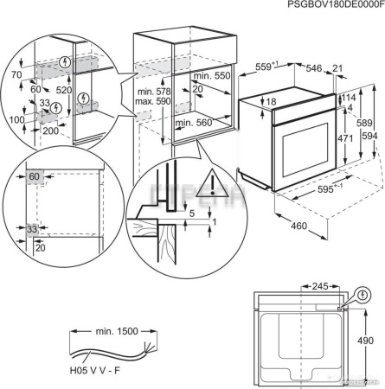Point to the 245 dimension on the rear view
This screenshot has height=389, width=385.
(x=319, y=285)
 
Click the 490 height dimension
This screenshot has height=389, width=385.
(x=366, y=341)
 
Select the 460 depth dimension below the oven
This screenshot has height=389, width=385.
(x=299, y=226)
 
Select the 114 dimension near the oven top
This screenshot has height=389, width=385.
(x=350, y=98)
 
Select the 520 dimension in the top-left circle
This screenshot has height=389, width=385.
(x=63, y=89)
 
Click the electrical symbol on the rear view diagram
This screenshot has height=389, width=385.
(x=363, y=295)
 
